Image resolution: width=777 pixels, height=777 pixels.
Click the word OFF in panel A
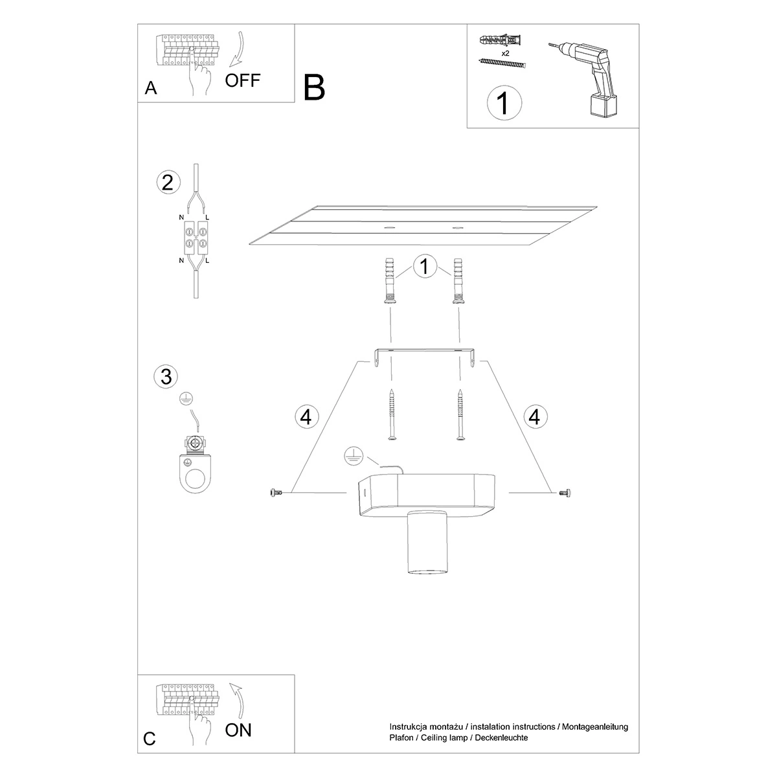[x=243, y=80]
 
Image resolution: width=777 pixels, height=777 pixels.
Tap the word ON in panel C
[x=238, y=730]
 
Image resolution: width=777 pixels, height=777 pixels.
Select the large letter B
[x=314, y=87]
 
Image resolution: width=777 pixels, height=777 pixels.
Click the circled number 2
[x=168, y=183]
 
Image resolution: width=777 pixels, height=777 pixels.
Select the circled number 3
[x=166, y=376]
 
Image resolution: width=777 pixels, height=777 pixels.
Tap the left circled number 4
[x=306, y=416]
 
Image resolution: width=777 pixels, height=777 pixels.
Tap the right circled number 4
[x=534, y=416]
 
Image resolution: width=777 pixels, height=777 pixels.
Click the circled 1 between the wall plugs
[x=424, y=267]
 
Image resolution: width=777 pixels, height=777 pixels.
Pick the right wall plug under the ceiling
[x=458, y=280]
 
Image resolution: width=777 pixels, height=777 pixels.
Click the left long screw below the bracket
[x=391, y=415]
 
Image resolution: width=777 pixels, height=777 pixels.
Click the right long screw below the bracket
[x=460, y=415]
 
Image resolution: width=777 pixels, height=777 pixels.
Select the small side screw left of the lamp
[x=275, y=493]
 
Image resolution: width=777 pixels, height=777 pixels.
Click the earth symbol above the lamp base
[x=353, y=456]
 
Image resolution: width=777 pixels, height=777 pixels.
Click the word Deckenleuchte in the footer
[x=499, y=738]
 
